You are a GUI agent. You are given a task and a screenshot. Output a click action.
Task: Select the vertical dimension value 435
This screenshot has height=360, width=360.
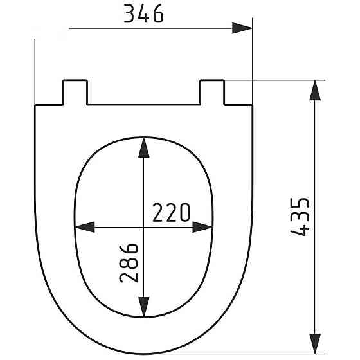point(302,217)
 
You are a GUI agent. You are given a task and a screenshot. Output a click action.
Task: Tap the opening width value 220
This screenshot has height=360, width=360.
point(172,212)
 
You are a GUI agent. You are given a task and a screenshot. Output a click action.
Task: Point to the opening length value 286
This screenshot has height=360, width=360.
point(129,264)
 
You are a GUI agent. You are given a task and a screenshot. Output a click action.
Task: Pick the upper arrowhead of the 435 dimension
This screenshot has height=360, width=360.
point(315,90)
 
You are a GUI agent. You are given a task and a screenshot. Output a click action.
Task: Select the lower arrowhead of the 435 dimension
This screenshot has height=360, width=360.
point(315,344)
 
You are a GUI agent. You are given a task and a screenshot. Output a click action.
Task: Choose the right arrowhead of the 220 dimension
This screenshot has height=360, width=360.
point(202,227)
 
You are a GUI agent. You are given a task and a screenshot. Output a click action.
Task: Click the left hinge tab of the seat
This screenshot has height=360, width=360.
point(75,91)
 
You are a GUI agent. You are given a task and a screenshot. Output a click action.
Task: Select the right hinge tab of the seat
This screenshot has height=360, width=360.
point(213,91)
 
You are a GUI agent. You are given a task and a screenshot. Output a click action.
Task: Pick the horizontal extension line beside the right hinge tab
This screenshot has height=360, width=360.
point(276,80)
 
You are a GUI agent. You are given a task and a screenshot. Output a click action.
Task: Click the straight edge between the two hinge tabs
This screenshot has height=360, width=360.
point(143,104)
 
